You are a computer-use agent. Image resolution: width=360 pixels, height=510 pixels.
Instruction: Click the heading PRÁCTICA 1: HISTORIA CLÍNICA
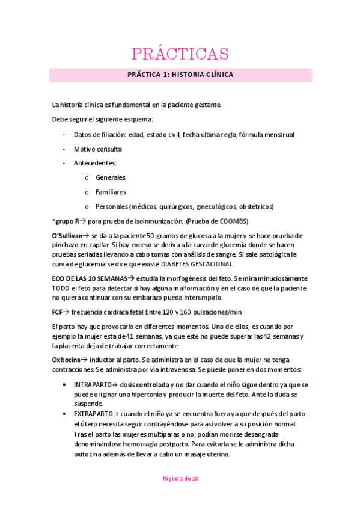coord(180,75)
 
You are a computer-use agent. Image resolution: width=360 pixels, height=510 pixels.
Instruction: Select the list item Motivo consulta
coord(97,149)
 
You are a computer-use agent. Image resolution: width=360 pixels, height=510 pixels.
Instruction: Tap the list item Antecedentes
coord(95,163)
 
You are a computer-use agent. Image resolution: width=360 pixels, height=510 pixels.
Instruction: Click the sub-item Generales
coord(111,177)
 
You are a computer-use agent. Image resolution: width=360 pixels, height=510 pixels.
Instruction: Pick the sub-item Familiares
coord(111,192)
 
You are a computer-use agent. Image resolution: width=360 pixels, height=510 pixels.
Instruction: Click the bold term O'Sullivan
coord(66,235)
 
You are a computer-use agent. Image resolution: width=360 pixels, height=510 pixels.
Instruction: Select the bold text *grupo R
coord(66,221)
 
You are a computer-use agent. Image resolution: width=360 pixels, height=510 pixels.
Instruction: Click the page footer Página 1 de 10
coord(180,478)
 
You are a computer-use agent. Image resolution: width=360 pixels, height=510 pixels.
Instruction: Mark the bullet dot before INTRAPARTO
coord(64,383)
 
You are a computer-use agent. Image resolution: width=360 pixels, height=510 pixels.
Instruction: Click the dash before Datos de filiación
coord(64,134)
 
